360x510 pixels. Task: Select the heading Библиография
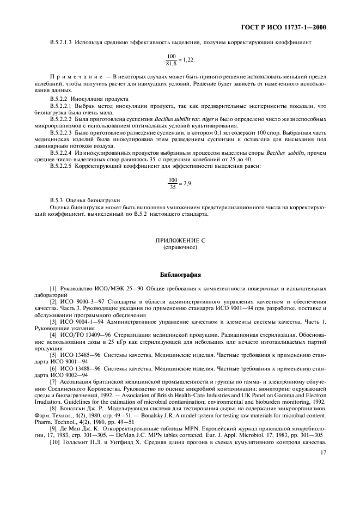coord(180,275)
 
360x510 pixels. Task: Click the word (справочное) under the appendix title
coord(180,247)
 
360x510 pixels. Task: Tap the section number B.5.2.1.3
coord(61,42)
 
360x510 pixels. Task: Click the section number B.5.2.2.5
coord(61,165)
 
